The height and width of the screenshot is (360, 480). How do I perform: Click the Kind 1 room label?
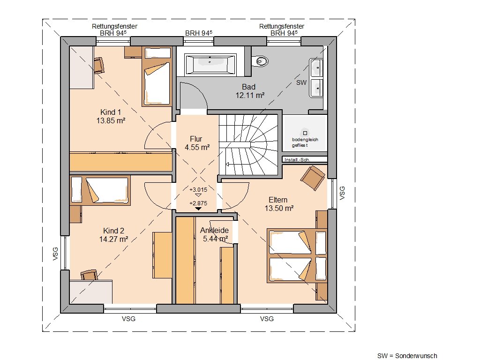click(x=111, y=112)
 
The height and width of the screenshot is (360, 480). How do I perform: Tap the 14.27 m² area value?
click(x=113, y=239)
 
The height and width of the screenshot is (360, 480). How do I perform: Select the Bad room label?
click(x=248, y=87)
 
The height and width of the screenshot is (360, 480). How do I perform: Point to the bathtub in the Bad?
click(x=210, y=64)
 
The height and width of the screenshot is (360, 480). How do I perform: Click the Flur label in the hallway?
click(x=196, y=139)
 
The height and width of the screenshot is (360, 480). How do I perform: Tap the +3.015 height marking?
click(x=198, y=189)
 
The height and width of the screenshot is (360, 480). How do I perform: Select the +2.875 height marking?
click(x=198, y=203)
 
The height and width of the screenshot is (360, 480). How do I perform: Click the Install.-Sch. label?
click(x=297, y=159)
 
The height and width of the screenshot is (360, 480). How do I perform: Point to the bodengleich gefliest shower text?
click(x=305, y=142)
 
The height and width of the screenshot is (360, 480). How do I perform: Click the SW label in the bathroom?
click(x=301, y=82)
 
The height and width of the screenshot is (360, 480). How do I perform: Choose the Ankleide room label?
click(x=214, y=230)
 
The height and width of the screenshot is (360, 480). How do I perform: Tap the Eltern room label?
click(x=278, y=200)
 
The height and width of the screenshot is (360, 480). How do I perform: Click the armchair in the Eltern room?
click(x=313, y=178)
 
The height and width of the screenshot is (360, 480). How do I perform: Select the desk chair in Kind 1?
click(x=99, y=66)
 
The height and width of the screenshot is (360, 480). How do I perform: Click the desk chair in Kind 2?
click(x=90, y=275)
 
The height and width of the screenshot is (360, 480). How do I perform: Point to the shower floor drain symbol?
click(x=305, y=133)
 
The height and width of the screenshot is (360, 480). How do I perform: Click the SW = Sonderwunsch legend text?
click(x=407, y=356)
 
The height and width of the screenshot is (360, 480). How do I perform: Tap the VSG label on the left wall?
click(x=55, y=254)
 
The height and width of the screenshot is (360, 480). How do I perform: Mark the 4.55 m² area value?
click(x=197, y=147)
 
